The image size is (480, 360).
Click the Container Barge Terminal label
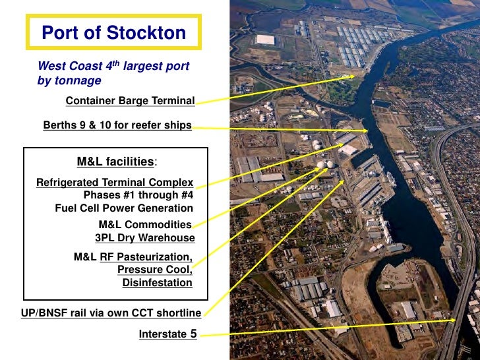pos(130,101)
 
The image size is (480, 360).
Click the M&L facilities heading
pos(116,162)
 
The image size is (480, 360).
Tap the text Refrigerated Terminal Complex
pos(115,183)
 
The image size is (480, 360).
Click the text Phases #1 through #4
pos(138,195)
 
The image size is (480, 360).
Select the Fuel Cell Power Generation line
pos(124,208)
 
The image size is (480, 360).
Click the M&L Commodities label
pos(145,225)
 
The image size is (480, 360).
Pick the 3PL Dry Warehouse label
pos(145,238)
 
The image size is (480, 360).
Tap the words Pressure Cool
pos(154,270)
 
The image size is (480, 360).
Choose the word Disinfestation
pos(157,283)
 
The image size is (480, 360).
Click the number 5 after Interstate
pos(193,334)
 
